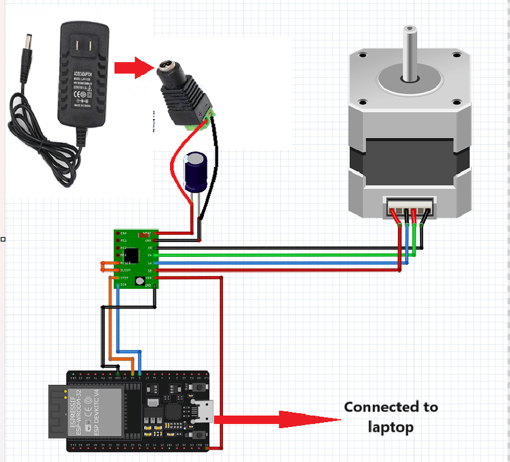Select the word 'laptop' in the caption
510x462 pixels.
(x=391, y=426)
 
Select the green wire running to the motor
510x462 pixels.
(x=277, y=255)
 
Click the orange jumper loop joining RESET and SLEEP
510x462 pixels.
(x=103, y=266)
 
